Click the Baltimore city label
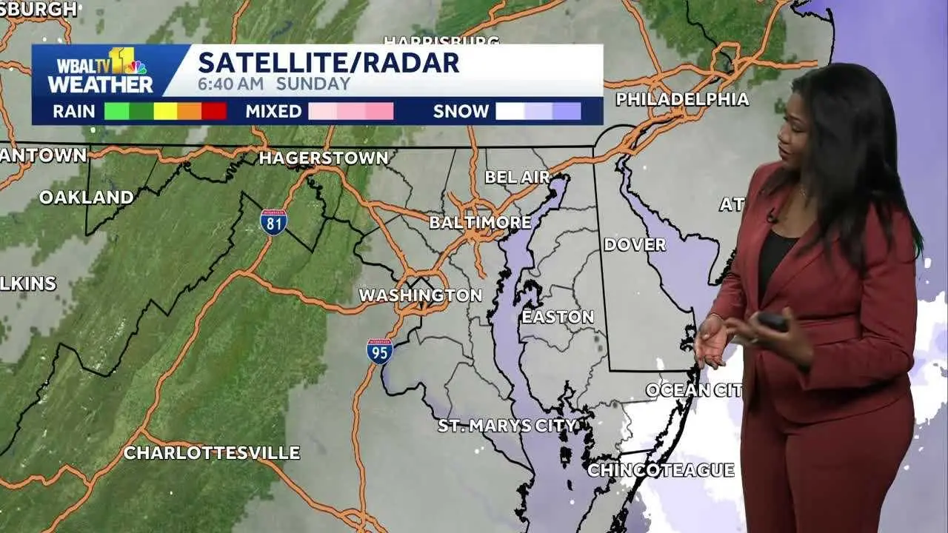(x=480, y=222)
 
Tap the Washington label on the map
(x=420, y=295)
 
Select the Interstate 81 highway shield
(x=273, y=221)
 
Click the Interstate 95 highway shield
(x=379, y=351)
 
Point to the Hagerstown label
(x=324, y=158)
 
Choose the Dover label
(x=635, y=244)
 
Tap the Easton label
(x=558, y=317)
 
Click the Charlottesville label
(x=211, y=453)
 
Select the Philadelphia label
(x=682, y=99)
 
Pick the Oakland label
(x=87, y=198)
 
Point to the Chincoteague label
(x=661, y=470)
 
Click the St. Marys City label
(x=507, y=426)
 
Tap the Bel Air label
(x=518, y=177)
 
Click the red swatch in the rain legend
(x=214, y=112)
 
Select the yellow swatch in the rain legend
(x=165, y=112)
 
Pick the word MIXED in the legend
(x=273, y=112)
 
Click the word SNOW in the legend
(x=461, y=112)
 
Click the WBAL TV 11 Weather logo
(x=100, y=71)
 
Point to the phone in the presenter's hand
(x=772, y=321)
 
